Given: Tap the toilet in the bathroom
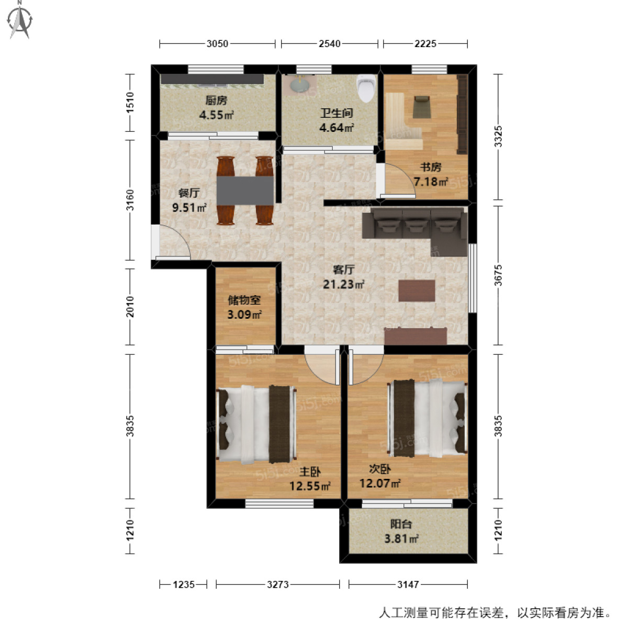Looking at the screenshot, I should (366, 88).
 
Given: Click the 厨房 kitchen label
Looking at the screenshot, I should (216, 100).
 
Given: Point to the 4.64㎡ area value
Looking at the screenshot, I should (337, 127).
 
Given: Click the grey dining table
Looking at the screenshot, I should (245, 190).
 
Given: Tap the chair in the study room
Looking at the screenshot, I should (422, 106).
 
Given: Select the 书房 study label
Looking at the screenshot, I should (431, 167).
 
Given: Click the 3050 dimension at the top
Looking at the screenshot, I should (217, 44).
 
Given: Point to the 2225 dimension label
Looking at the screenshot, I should (425, 44).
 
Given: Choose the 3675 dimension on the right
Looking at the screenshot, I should (498, 275).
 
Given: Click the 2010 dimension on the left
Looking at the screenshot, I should (130, 307).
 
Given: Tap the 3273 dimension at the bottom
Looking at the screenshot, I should (277, 584).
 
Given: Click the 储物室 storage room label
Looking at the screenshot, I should (244, 300).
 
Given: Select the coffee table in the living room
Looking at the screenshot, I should (417, 290).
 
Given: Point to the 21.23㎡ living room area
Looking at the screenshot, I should (343, 284).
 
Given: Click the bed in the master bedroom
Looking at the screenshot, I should (256, 424).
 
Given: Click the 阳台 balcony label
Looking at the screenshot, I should (401, 524).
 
